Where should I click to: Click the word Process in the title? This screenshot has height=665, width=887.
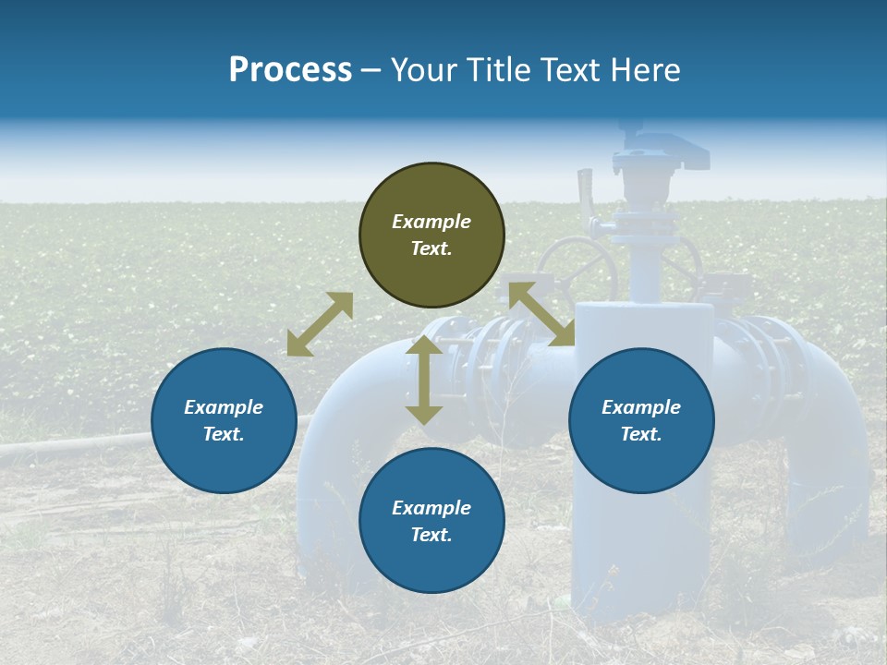pos(290,69)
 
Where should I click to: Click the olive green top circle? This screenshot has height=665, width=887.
pos(431,236)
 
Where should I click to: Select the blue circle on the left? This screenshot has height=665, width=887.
pos(224,421)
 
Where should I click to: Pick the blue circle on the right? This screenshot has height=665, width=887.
pos(641,421)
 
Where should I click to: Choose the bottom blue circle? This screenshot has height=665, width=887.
pos(431,521)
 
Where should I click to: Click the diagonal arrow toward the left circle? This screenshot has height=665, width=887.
pos(320,324)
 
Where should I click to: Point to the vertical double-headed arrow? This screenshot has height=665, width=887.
pos(424,381)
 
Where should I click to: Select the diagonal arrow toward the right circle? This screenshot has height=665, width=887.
pos(541,314)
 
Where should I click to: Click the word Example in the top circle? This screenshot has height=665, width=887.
pos(431,222)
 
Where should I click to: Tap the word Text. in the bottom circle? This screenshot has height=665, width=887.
pos(431,535)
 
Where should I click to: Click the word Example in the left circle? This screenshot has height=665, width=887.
pos(224,407)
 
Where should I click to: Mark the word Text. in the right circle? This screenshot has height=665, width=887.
pos(641,434)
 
